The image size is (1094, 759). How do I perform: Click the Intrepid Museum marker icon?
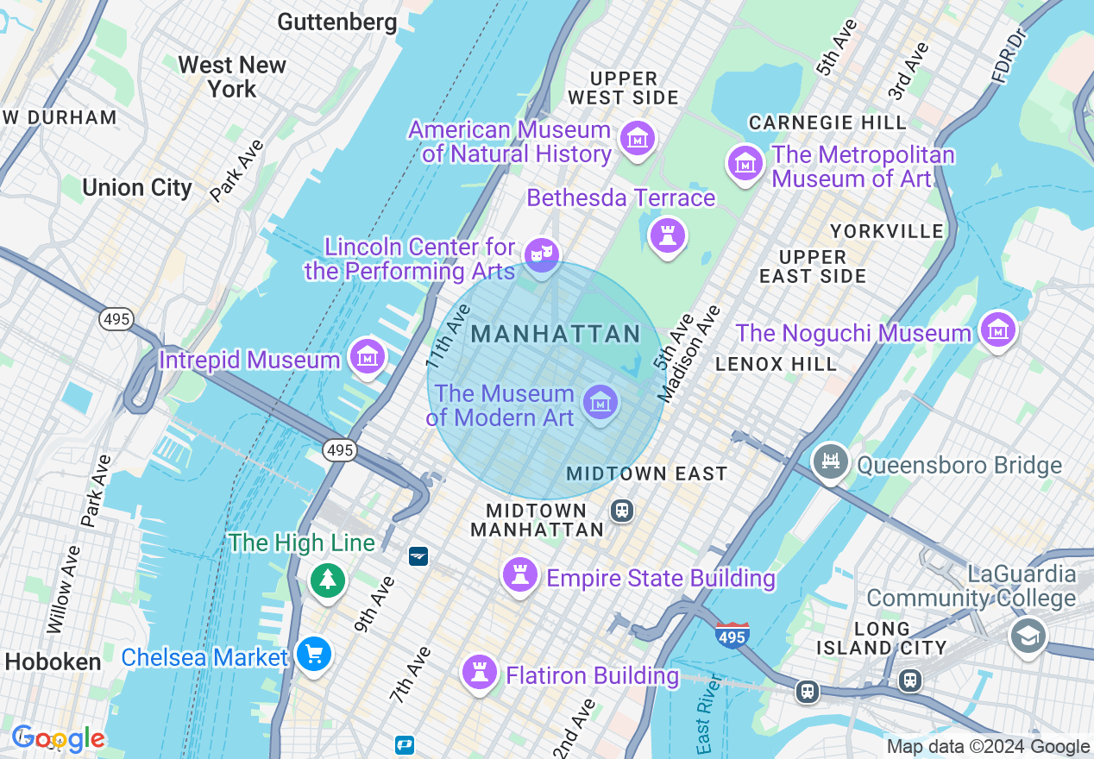368,356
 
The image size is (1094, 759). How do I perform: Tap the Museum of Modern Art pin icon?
600,402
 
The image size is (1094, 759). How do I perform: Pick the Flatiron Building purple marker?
479,672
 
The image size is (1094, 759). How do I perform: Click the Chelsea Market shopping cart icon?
313,655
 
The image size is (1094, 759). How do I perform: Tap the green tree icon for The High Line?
328,579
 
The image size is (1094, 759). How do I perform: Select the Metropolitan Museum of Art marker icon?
745,163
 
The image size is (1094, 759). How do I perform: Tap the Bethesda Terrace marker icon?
667,235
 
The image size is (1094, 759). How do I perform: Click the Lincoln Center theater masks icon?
541,254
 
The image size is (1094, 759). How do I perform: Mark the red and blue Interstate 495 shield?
732,635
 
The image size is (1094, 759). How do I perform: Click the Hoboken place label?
53,662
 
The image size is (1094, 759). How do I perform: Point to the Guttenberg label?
337,22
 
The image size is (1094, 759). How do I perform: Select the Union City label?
137,187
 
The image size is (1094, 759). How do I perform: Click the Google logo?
59,738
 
